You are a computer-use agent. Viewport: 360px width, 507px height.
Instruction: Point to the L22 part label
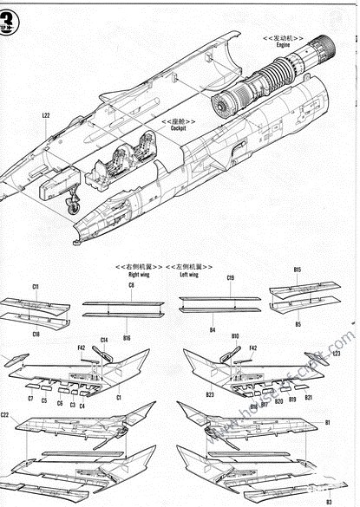coord(46,114)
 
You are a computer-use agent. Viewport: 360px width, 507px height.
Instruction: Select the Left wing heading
coord(189,274)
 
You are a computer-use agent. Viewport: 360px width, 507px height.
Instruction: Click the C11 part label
coord(36,286)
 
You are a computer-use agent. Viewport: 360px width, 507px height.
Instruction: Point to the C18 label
coord(36,334)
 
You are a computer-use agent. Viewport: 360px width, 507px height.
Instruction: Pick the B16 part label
coord(128,335)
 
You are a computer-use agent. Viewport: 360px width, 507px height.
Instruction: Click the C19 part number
coord(230,278)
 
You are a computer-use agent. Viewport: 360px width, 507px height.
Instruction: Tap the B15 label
coord(298,270)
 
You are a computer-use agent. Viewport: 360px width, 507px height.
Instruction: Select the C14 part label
coord(104,340)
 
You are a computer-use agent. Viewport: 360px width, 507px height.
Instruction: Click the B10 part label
coord(235,335)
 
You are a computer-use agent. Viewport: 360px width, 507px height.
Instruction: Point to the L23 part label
coord(336,353)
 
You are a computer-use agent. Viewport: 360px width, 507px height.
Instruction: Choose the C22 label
coord(6,416)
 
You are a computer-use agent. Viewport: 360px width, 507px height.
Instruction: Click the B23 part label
coord(210,395)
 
